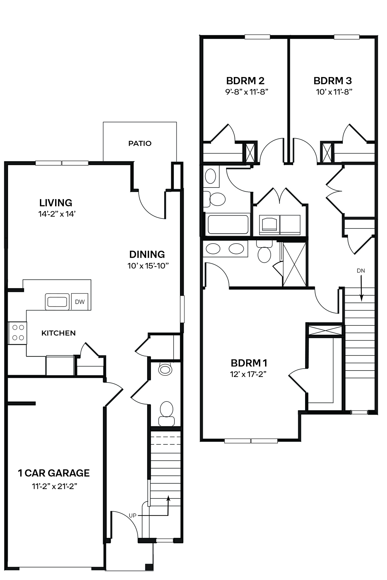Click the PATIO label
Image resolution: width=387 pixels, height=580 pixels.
[x=140, y=143]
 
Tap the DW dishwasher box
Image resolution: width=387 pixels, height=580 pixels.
[x=80, y=302]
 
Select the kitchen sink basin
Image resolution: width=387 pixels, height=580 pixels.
[x=57, y=302]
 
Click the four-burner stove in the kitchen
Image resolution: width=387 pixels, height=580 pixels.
[x=18, y=333]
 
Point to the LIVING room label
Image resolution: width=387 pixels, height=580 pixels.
[x=56, y=203]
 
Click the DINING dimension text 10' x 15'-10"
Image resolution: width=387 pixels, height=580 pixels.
[x=148, y=266]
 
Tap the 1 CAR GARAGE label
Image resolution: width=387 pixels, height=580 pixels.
[x=54, y=473]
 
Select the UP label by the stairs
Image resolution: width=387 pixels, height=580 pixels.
[x=133, y=516]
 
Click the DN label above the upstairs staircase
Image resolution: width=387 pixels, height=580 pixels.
[x=361, y=271]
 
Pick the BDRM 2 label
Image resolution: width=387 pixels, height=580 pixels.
[x=245, y=80]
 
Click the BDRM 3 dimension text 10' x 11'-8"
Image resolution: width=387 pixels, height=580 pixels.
[x=333, y=92]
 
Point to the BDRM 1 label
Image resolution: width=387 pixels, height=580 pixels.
[x=249, y=363]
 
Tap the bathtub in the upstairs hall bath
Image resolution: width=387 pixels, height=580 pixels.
[x=228, y=224]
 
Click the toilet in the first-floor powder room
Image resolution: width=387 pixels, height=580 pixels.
[x=166, y=412]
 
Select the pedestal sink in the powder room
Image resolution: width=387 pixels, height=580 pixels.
[x=165, y=369]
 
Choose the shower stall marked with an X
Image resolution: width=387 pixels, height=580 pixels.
[x=294, y=264]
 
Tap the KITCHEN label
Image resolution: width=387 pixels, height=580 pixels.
[x=58, y=333]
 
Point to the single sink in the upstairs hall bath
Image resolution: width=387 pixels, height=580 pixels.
[x=211, y=176]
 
